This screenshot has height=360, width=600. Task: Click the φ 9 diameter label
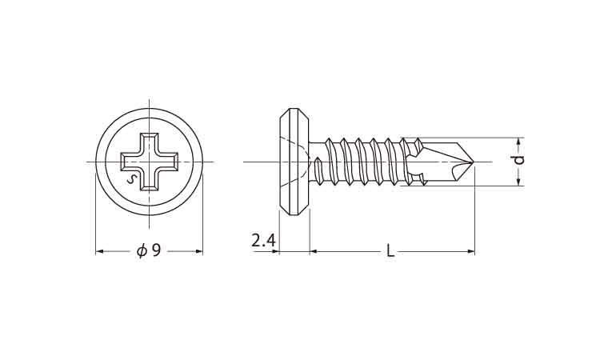[x=149, y=251]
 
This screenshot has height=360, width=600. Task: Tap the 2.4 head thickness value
[x=263, y=241]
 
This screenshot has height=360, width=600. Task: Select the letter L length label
[x=390, y=251]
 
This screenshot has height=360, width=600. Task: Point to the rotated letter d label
[x=519, y=160]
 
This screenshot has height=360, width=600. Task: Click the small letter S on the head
[x=132, y=179]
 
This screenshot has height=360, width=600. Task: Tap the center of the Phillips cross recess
[x=150, y=162]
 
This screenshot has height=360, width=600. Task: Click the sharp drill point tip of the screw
[x=474, y=162]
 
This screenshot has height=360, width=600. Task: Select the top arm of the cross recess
[x=150, y=143]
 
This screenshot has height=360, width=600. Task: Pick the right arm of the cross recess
[x=168, y=162]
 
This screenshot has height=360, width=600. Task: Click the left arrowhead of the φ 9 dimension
[x=99, y=251]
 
